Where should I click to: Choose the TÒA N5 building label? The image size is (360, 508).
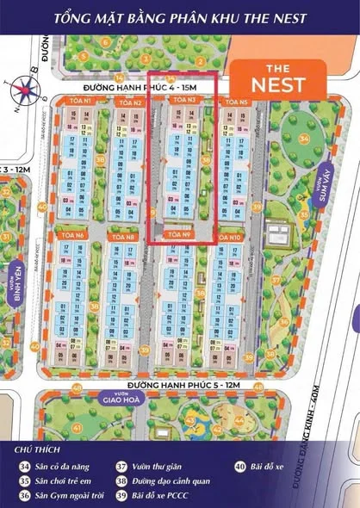click(235, 102)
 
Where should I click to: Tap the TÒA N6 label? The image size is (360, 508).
click(71, 235)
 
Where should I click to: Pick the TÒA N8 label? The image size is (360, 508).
click(126, 236)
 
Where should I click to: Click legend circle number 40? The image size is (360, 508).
click(240, 466)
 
